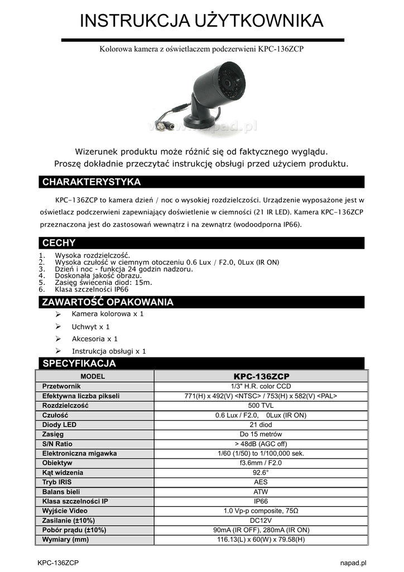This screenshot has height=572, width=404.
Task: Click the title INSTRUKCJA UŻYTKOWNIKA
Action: pyautogui.click(x=202, y=21)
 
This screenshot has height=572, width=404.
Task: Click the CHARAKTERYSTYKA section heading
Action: pyautogui.click(x=92, y=182)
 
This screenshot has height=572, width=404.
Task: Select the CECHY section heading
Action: pyautogui.click(x=59, y=243)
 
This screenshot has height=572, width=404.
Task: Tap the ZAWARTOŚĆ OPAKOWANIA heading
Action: pyautogui.click(x=108, y=302)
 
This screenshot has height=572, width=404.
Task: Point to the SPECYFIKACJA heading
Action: pyautogui.click(x=79, y=364)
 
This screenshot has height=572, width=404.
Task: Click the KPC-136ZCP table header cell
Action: pyautogui.click(x=261, y=376)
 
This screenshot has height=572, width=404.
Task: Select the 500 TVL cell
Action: pyautogui.click(x=261, y=406)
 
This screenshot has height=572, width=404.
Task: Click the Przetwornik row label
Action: pyautogui.click(x=61, y=387)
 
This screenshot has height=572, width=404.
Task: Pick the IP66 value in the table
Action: pyautogui.click(x=261, y=501)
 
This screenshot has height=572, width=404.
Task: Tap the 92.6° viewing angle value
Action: pyautogui.click(x=261, y=473)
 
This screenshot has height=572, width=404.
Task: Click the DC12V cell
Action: pyautogui.click(x=261, y=520)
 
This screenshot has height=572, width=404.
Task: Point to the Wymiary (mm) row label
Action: pyautogui.click(x=65, y=540)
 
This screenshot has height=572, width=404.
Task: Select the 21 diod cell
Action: pyautogui.click(x=261, y=425)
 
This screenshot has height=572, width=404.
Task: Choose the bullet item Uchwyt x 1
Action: pyautogui.click(x=90, y=327)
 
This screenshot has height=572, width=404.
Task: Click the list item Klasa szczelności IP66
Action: pyautogui.click(x=92, y=290)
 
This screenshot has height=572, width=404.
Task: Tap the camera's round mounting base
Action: pyautogui.click(x=200, y=120)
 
